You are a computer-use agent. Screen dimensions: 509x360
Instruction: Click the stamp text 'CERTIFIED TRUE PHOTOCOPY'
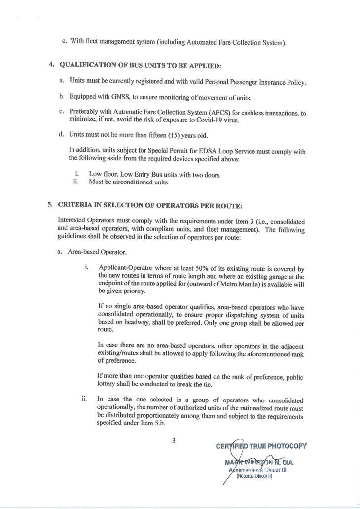tap(261, 447)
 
